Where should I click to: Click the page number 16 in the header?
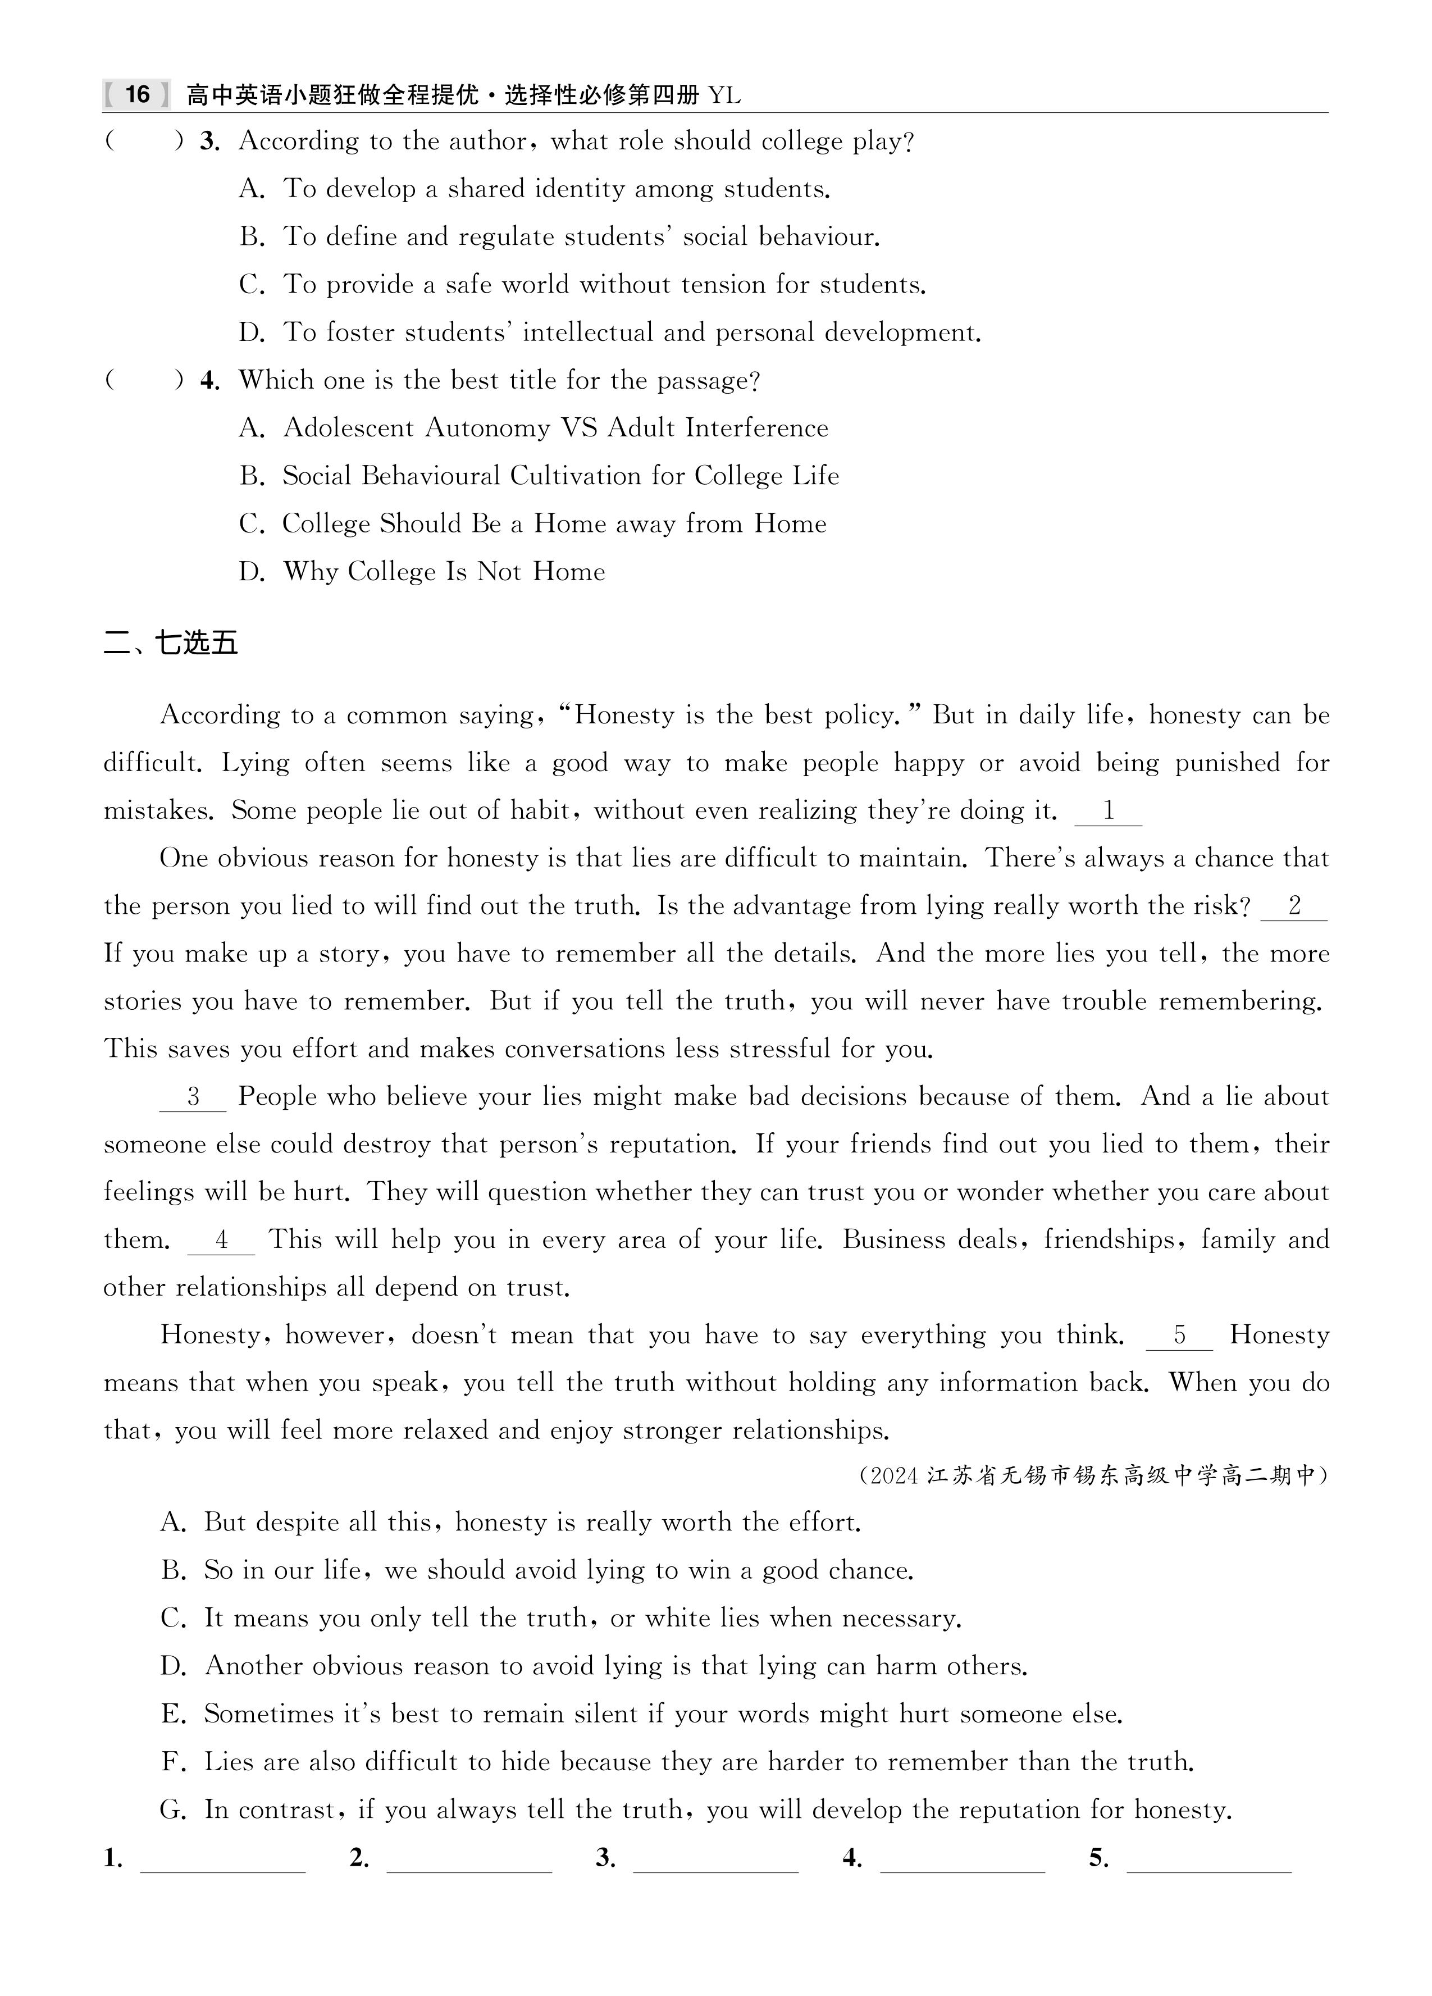(137, 94)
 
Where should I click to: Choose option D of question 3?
(609, 332)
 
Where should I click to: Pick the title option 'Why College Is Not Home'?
(444, 572)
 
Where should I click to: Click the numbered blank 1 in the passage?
(1108, 812)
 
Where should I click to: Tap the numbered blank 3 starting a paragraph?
(193, 1097)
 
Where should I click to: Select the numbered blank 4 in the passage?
(221, 1241)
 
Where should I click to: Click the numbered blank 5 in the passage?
(1179, 1336)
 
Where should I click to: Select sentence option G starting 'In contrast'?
(695, 1810)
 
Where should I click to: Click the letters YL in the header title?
(724, 95)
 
